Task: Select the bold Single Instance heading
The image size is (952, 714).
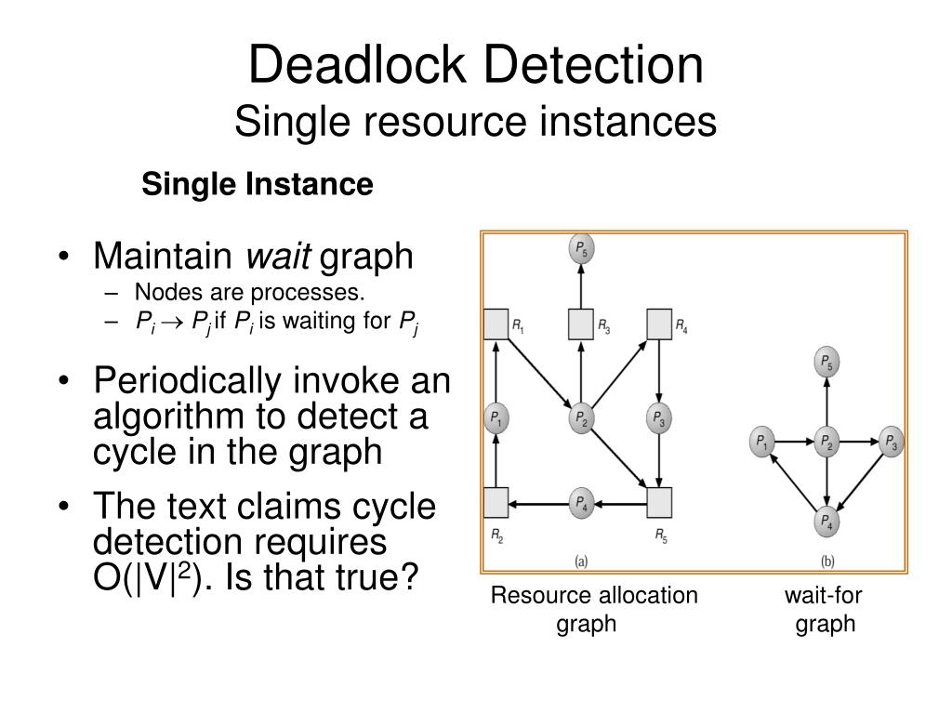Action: click(x=257, y=185)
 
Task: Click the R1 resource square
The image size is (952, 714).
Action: click(x=496, y=324)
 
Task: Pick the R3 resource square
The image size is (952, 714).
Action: click(x=581, y=324)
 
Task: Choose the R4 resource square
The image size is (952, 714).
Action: click(x=659, y=324)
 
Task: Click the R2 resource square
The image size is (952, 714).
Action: click(x=496, y=503)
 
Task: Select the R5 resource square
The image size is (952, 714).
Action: click(x=659, y=503)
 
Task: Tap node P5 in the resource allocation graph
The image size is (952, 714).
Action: click(x=581, y=250)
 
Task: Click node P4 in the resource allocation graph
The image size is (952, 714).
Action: click(x=580, y=503)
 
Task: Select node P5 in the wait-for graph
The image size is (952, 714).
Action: click(x=826, y=361)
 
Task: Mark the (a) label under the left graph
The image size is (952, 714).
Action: click(x=580, y=561)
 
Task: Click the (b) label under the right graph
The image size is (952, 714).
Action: click(x=826, y=561)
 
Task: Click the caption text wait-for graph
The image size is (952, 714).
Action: click(x=825, y=609)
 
